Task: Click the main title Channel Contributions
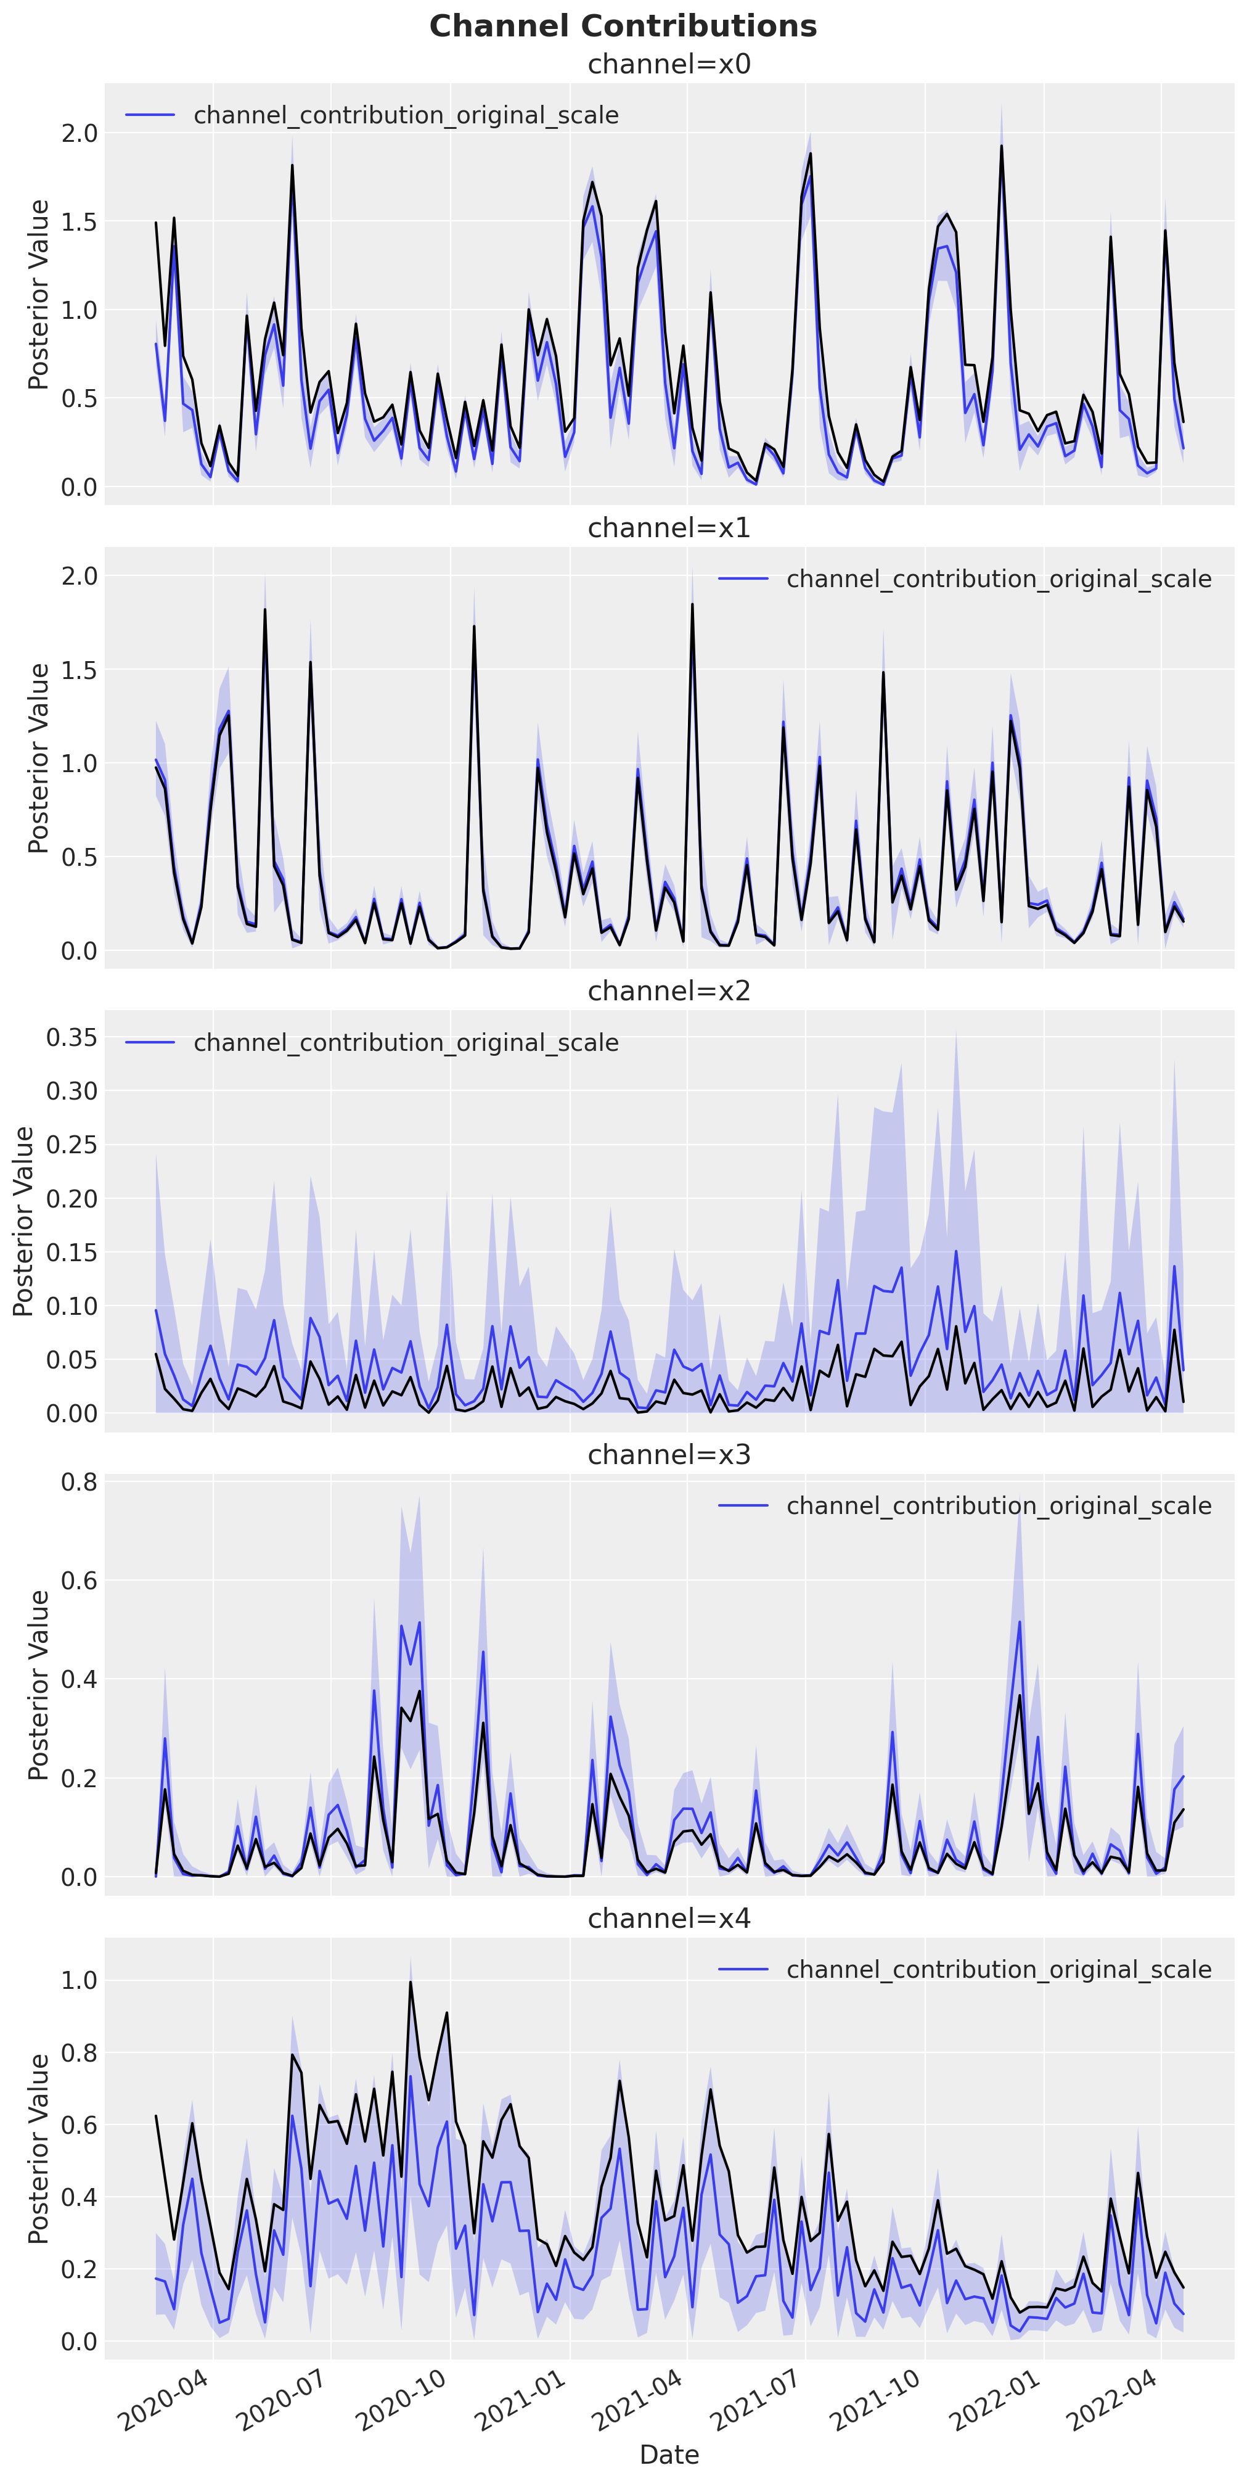pyautogui.click(x=623, y=26)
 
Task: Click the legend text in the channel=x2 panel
pyautogui.click(x=406, y=1043)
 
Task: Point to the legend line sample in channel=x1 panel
pyautogui.click(x=742, y=579)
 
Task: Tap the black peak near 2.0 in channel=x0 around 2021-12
pyautogui.click(x=1002, y=146)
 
